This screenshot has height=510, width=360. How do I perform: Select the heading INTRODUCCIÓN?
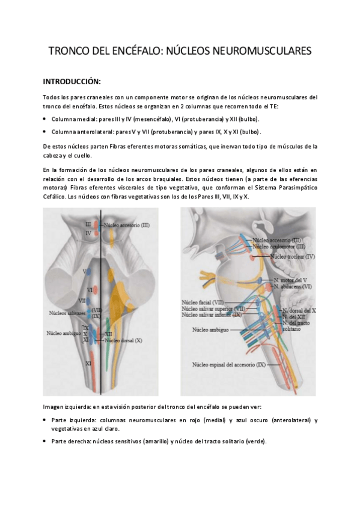pyautogui.click(x=72, y=81)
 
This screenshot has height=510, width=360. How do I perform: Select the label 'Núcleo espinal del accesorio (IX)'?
pyautogui.click(x=229, y=364)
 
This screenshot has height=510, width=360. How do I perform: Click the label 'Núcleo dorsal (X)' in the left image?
pyautogui.click(x=123, y=340)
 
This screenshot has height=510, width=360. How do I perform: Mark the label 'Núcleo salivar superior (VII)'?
pyautogui.click(x=211, y=309)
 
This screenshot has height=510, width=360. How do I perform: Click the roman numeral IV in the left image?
pyautogui.click(x=88, y=233)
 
